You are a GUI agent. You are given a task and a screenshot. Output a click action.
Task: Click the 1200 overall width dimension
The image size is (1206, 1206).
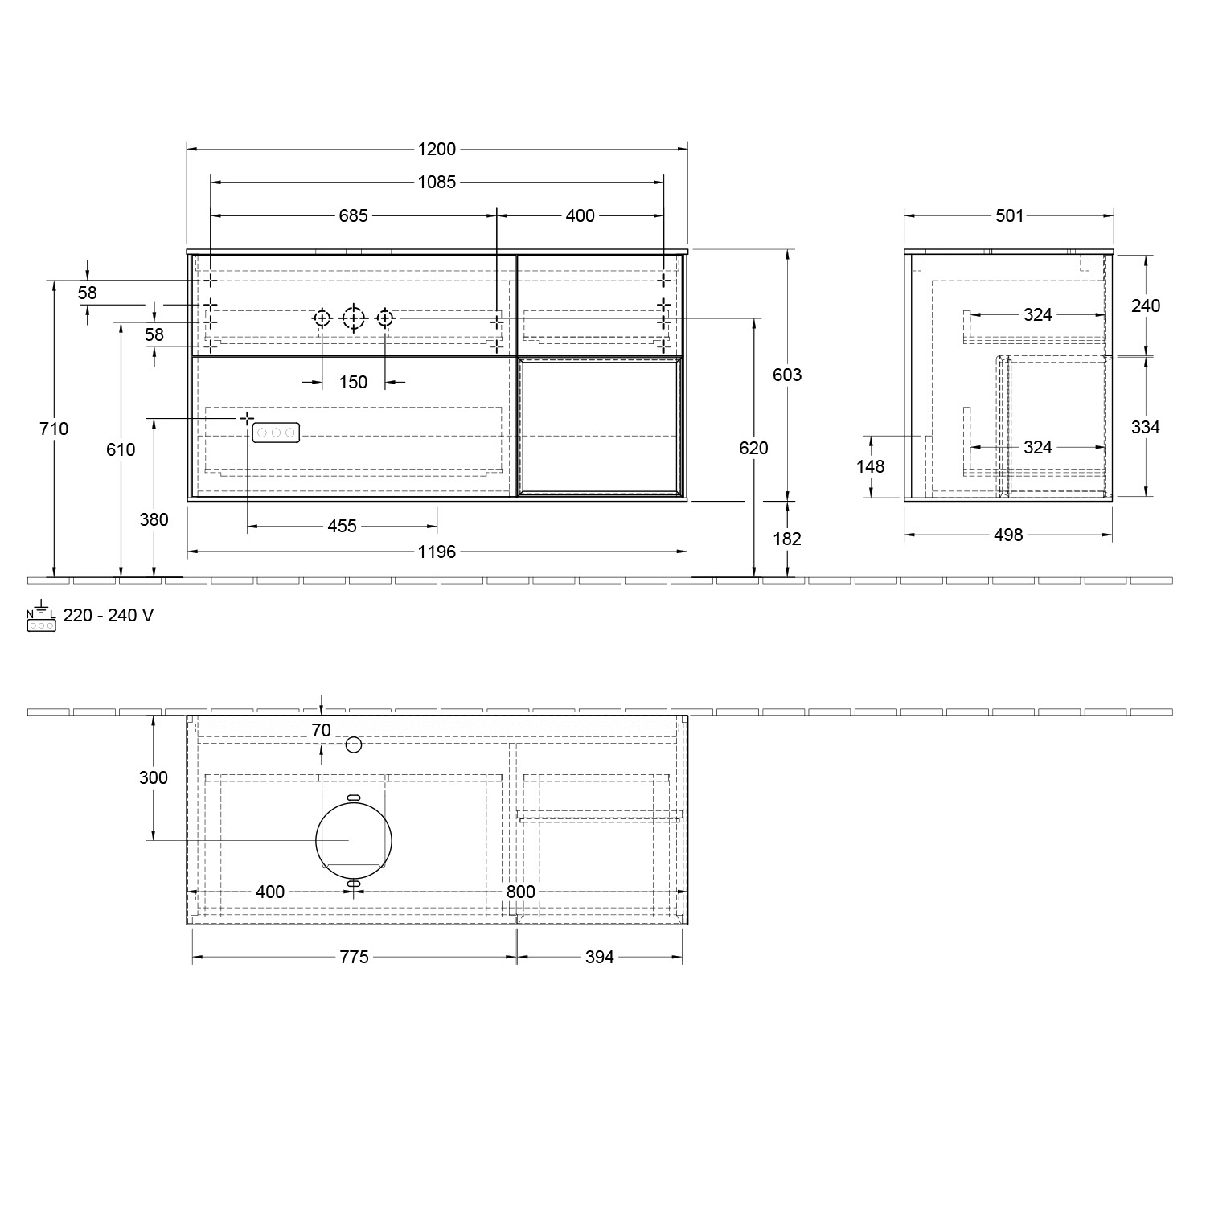click(x=437, y=149)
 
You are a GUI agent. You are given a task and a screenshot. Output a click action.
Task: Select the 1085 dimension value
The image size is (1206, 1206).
click(x=437, y=183)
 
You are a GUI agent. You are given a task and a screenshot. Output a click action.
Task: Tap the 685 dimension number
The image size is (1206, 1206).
click(x=353, y=215)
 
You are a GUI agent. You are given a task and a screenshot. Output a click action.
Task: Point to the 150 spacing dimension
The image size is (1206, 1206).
click(x=353, y=382)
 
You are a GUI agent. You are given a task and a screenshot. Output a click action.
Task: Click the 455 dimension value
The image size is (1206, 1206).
click(x=342, y=527)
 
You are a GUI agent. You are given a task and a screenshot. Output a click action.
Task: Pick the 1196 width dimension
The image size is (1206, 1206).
click(x=437, y=552)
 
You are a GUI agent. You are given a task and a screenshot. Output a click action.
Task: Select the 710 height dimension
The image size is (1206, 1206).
click(x=54, y=429)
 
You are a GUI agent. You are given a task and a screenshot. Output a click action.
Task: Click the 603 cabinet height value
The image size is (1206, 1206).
click(x=786, y=375)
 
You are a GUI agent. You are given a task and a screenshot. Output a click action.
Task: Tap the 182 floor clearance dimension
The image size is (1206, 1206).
click(x=786, y=539)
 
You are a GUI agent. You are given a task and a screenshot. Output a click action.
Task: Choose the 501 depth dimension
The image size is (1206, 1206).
click(x=1009, y=215)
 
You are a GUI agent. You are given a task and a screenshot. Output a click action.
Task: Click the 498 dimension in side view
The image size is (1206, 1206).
click(x=1008, y=535)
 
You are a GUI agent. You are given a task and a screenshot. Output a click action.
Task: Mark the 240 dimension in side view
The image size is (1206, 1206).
click(x=1146, y=306)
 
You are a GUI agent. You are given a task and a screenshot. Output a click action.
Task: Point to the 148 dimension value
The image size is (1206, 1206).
click(x=870, y=466)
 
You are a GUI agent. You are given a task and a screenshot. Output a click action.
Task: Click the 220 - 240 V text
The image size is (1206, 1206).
click(x=109, y=616)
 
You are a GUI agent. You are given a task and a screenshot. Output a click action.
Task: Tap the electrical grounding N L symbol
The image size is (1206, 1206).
click(x=41, y=617)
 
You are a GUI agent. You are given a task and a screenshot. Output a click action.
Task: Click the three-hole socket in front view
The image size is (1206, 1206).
click(x=276, y=433)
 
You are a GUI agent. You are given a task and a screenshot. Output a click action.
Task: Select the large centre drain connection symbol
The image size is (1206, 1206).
click(x=353, y=319)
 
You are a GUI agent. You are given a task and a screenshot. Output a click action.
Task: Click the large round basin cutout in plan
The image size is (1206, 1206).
click(x=354, y=840)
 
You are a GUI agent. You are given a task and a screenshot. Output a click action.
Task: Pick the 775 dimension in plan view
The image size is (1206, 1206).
click(x=354, y=957)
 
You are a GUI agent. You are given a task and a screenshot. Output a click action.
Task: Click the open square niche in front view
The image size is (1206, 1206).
click(x=601, y=426)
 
